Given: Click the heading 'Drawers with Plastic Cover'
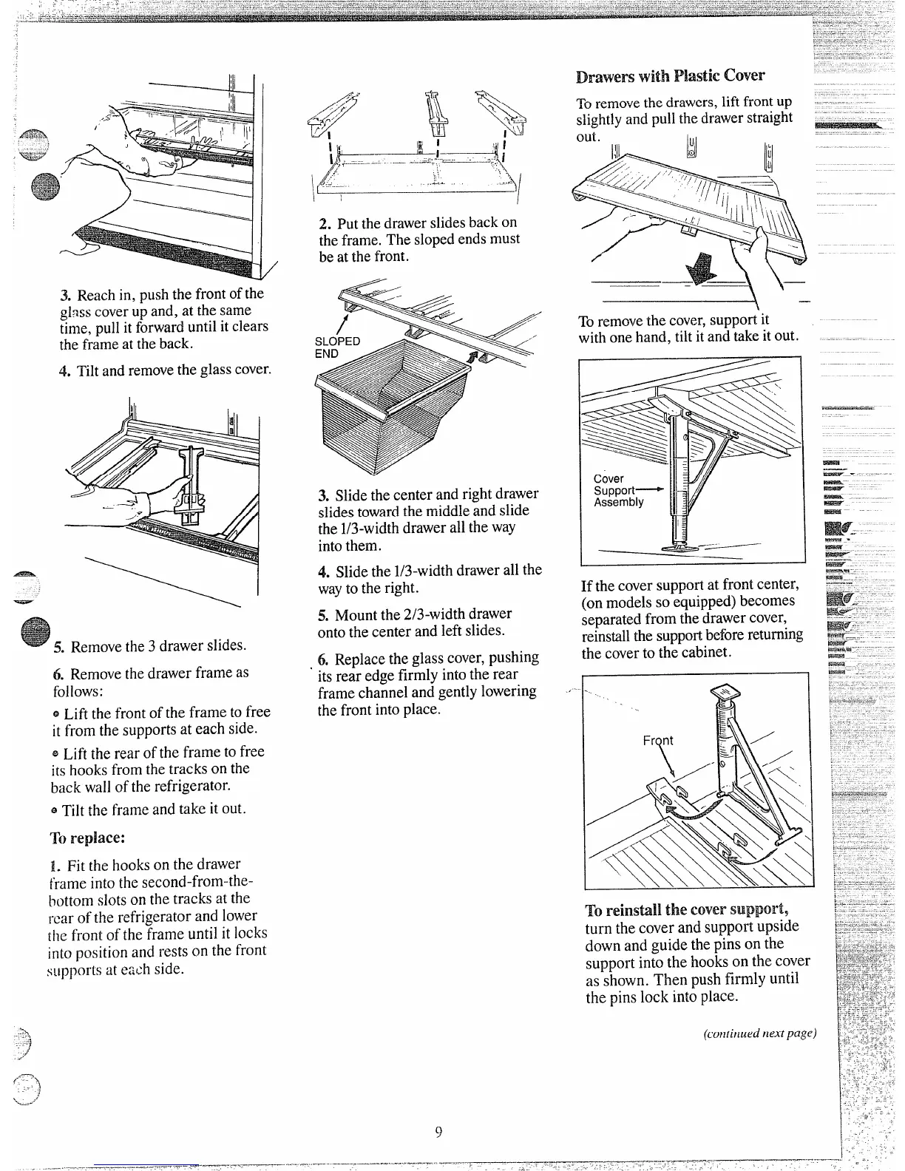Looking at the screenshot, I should point(670,75).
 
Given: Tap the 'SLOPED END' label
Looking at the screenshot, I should point(337,347).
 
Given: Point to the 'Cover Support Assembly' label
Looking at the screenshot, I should point(618,490).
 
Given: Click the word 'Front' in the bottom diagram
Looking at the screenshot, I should point(657,740).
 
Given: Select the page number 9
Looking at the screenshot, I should point(438,1133).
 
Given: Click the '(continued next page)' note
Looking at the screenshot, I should point(759,1033).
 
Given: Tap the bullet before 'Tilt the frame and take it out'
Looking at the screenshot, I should point(55,810).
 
